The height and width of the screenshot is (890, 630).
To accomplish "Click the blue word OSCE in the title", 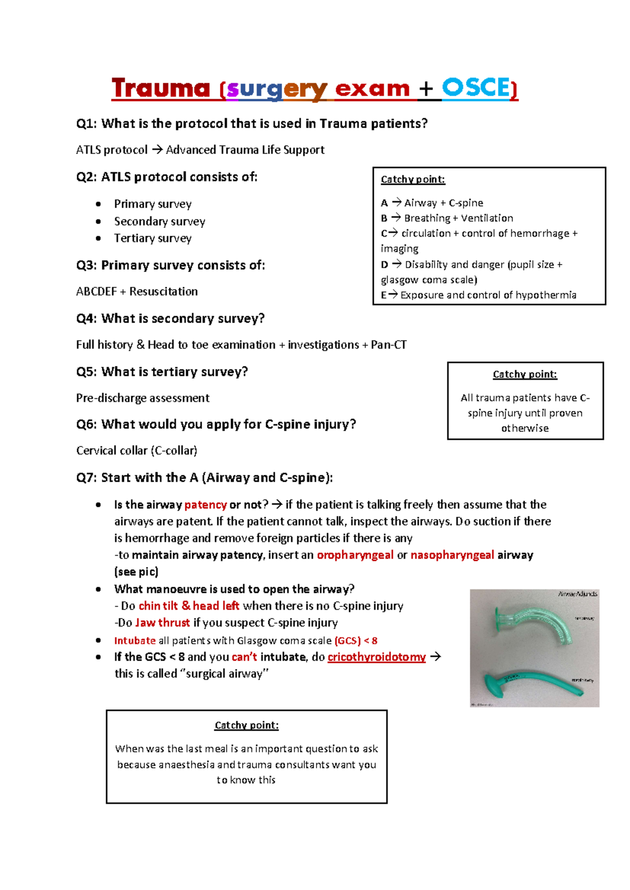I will pyautogui.click(x=475, y=88).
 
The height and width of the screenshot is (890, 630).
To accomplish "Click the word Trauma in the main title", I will pyautogui.click(x=161, y=88).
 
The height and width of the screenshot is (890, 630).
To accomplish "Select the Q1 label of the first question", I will pyautogui.click(x=86, y=124).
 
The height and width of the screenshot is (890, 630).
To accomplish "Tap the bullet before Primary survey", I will pyautogui.click(x=98, y=204).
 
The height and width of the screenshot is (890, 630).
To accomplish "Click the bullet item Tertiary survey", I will pyautogui.click(x=153, y=238).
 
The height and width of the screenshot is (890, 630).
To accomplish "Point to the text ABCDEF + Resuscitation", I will pyautogui.click(x=137, y=292).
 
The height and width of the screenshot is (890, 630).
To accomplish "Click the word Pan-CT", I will pyautogui.click(x=388, y=345).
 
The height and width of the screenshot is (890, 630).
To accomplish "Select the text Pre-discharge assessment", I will pyautogui.click(x=143, y=398).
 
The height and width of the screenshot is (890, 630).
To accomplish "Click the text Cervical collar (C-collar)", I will pyautogui.click(x=136, y=451).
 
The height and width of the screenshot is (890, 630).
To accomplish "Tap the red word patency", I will pyautogui.click(x=205, y=505).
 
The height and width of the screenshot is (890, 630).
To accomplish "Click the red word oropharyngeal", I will pyautogui.click(x=355, y=555).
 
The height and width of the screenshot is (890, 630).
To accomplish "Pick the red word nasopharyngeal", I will pyautogui.click(x=452, y=555).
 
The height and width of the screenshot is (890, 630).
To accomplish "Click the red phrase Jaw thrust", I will pyautogui.click(x=162, y=623).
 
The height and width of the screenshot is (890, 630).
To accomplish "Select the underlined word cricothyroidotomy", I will pyautogui.click(x=376, y=657).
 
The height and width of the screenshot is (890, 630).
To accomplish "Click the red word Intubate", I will pyautogui.click(x=135, y=641).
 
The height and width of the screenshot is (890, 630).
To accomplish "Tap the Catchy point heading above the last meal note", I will pyautogui.click(x=246, y=725).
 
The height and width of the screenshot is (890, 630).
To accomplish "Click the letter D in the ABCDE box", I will pyautogui.click(x=384, y=265).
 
